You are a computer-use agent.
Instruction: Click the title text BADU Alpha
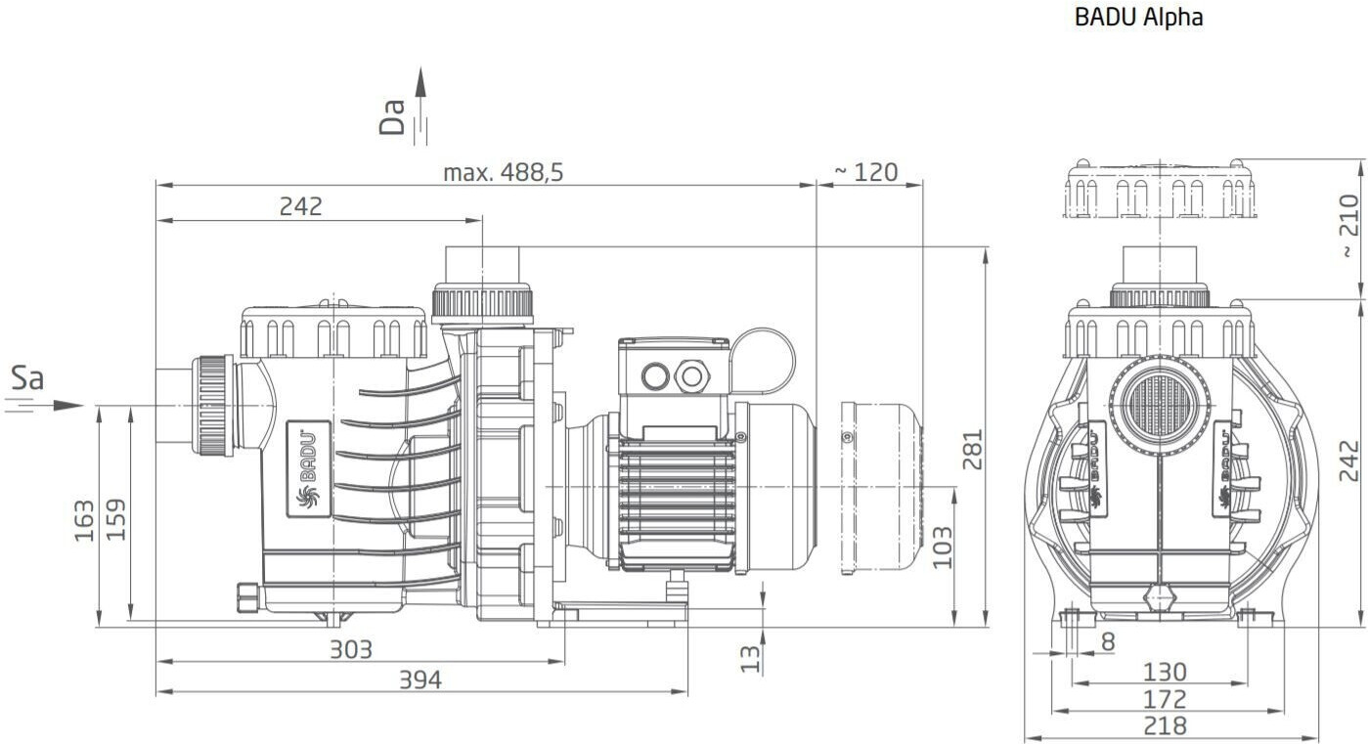click(x=1138, y=17)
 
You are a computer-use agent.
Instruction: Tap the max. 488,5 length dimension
click(x=504, y=173)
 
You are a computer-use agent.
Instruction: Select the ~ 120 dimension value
click(x=866, y=173)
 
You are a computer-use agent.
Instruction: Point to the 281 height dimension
click(x=972, y=449)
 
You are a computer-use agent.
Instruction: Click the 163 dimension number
click(x=84, y=520)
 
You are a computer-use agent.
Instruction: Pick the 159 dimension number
click(x=116, y=520)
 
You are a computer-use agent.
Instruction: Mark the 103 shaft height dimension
click(x=942, y=547)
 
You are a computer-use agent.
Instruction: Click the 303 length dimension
click(x=350, y=649)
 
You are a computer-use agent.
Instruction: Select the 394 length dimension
click(x=420, y=679)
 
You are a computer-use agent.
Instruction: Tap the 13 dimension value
click(x=750, y=659)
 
